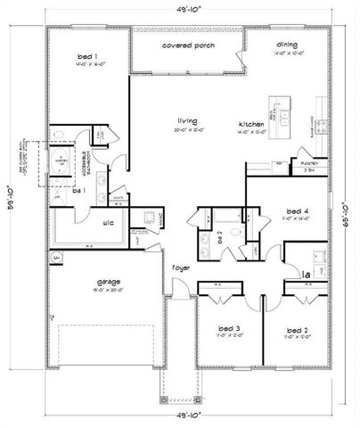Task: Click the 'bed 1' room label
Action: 87,57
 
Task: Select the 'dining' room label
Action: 287,44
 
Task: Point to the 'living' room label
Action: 186,120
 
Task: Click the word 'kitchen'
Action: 249,123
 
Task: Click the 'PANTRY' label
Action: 309,163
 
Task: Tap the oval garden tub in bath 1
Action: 61,160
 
